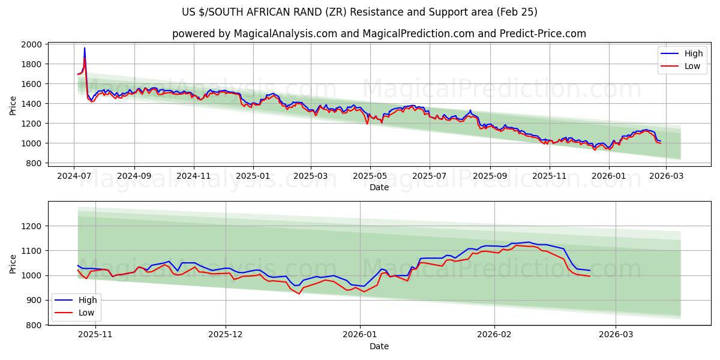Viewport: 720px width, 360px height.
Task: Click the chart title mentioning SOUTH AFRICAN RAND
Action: point(359,12)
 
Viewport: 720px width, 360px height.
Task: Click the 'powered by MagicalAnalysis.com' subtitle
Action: point(379,34)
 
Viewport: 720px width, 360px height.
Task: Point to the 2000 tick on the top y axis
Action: point(32,44)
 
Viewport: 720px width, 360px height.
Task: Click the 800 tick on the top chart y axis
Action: point(34,163)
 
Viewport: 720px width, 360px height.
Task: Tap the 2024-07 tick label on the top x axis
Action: point(74,175)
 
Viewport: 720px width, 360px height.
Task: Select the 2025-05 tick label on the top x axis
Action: point(370,175)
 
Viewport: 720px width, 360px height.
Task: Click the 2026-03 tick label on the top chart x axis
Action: point(667,175)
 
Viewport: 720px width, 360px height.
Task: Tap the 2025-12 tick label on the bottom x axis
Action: point(226,334)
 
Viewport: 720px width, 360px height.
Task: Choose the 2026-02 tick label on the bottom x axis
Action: point(494,334)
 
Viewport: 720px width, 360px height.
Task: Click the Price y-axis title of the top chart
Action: point(13,105)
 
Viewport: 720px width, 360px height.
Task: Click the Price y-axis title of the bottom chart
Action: point(13,264)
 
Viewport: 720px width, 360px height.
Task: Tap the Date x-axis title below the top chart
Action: point(379,187)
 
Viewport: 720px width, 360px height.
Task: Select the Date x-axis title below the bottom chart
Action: point(379,346)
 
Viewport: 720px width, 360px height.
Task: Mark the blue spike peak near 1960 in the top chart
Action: point(85,48)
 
